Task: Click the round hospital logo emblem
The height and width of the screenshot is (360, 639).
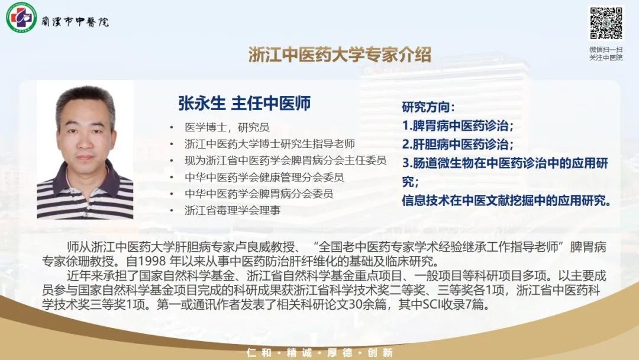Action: [x=21, y=17]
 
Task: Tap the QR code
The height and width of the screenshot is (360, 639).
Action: [x=606, y=23]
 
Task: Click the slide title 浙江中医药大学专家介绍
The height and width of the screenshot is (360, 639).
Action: [x=340, y=54]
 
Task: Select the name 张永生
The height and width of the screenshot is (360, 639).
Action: [x=202, y=103]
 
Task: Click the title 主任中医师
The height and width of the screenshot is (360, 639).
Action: [x=271, y=103]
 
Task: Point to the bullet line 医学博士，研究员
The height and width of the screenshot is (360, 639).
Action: [x=227, y=127]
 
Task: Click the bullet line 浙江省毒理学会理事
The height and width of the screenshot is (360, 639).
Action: [x=233, y=210]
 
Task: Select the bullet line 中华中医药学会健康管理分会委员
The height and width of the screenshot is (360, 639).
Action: [x=264, y=177]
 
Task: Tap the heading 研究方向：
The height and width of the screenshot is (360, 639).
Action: [x=428, y=107]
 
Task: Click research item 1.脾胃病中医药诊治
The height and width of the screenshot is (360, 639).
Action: [x=457, y=126]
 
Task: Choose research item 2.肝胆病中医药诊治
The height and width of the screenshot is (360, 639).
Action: [x=457, y=144]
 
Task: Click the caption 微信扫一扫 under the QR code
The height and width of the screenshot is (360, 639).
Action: [x=606, y=49]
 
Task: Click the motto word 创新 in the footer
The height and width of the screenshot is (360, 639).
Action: [x=380, y=353]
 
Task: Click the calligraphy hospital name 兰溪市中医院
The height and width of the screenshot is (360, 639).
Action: [x=75, y=21]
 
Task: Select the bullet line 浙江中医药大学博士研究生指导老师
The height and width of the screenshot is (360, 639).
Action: [x=269, y=144]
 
